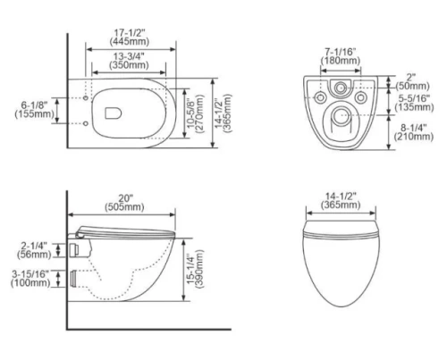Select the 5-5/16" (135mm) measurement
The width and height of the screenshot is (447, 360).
point(414,103)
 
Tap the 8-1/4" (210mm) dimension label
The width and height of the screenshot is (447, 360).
point(414,132)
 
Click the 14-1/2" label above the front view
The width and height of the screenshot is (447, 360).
point(342,202)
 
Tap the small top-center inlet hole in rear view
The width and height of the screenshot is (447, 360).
point(340,90)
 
